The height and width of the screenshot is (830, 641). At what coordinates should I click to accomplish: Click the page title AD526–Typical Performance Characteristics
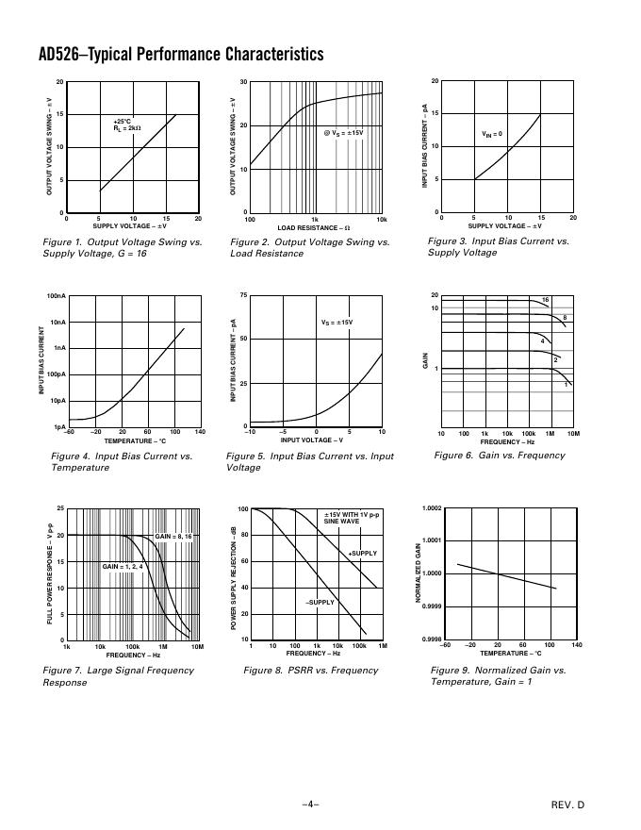pyautogui.click(x=181, y=55)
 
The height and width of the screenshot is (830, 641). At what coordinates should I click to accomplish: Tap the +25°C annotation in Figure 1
pyautogui.click(x=122, y=121)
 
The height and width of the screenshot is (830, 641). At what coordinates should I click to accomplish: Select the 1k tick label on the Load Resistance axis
pyautogui.click(x=315, y=219)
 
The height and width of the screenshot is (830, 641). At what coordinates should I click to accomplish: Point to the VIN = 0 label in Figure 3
pyautogui.click(x=492, y=134)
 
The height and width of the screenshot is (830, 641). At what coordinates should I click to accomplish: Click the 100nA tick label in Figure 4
pyautogui.click(x=56, y=296)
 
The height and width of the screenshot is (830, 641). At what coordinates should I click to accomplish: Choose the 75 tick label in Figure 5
pyautogui.click(x=242, y=296)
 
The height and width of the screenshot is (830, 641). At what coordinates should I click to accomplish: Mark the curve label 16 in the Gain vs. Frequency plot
pyautogui.click(x=545, y=300)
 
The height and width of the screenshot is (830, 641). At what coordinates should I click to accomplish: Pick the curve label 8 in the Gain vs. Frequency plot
pyautogui.click(x=565, y=318)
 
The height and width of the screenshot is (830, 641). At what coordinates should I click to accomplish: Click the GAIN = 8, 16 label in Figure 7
pyautogui.click(x=173, y=536)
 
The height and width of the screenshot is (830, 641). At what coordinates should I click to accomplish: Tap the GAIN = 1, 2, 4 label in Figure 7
pyautogui.click(x=123, y=566)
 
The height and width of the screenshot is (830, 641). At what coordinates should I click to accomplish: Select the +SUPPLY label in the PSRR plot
pyautogui.click(x=363, y=553)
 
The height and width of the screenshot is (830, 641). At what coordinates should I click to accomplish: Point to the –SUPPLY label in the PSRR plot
pyautogui.click(x=320, y=602)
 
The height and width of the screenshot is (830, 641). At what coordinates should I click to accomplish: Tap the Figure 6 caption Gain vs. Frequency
pyautogui.click(x=500, y=456)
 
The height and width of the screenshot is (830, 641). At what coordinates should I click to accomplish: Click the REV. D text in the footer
pyautogui.click(x=568, y=805)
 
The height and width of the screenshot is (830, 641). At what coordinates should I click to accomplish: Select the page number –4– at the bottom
pyautogui.click(x=311, y=805)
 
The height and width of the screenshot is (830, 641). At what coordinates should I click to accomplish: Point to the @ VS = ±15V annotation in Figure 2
pyautogui.click(x=343, y=133)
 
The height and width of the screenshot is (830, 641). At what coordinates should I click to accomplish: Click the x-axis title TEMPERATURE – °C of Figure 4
pyautogui.click(x=134, y=440)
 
